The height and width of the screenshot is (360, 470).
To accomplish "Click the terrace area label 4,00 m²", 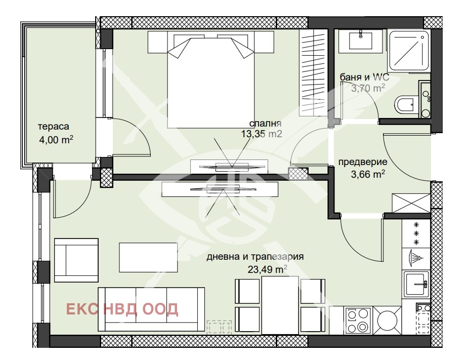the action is (x=56, y=140).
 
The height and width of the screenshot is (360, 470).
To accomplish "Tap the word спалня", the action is (x=265, y=124).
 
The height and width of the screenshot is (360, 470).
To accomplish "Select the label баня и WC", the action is (x=364, y=77).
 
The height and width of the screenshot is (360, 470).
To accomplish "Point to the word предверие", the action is (x=363, y=162).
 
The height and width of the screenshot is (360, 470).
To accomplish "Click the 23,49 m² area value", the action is (x=267, y=269).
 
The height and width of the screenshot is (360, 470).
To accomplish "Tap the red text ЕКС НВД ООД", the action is (x=122, y=309).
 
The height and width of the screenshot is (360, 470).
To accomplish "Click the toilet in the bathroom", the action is (x=406, y=105).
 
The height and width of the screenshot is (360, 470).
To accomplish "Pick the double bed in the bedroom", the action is (x=211, y=79).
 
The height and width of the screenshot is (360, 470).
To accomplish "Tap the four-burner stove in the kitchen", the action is (x=358, y=320).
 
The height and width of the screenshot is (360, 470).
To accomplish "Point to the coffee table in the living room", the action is (x=148, y=257).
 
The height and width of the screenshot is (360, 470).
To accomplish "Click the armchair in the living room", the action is (x=76, y=260).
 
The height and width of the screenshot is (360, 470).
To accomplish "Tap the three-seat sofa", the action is (x=151, y=309).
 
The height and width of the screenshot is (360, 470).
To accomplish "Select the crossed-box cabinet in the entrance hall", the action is (x=411, y=203).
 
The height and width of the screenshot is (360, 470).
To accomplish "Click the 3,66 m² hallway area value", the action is (x=368, y=174).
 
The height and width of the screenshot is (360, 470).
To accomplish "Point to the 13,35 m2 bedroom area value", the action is (x=262, y=134).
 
